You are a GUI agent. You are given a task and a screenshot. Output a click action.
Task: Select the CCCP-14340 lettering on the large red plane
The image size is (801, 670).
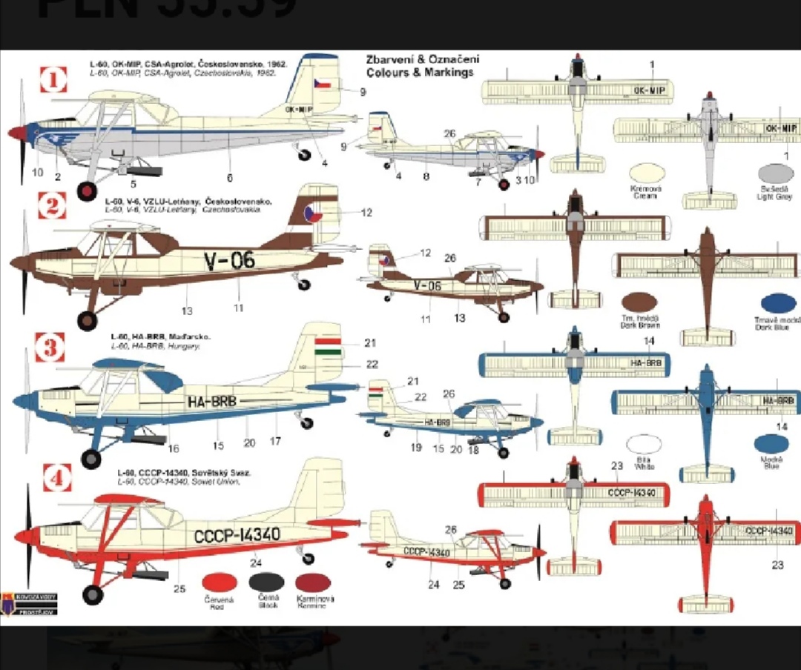click(237, 535)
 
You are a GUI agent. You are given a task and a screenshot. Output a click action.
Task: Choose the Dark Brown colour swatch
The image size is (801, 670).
click(640, 302)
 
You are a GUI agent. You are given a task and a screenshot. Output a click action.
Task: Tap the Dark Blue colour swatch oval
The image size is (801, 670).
click(778, 304)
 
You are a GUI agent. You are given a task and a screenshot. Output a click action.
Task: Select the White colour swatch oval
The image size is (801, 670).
click(644, 444)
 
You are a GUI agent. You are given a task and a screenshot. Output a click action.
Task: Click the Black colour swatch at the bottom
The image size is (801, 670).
click(267, 583)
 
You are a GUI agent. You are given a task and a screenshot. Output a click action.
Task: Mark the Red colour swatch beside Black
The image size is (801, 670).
click(220, 583)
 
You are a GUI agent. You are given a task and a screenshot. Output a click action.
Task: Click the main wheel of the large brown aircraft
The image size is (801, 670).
click(88, 320)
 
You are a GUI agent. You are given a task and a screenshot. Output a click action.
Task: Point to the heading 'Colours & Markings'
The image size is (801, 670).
click(419, 73)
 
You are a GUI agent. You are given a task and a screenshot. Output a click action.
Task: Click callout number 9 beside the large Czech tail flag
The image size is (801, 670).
click(363, 92)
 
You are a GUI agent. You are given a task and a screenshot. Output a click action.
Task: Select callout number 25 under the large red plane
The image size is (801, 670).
click(179, 589)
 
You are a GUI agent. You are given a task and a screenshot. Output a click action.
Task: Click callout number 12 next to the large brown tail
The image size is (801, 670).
click(366, 213)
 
